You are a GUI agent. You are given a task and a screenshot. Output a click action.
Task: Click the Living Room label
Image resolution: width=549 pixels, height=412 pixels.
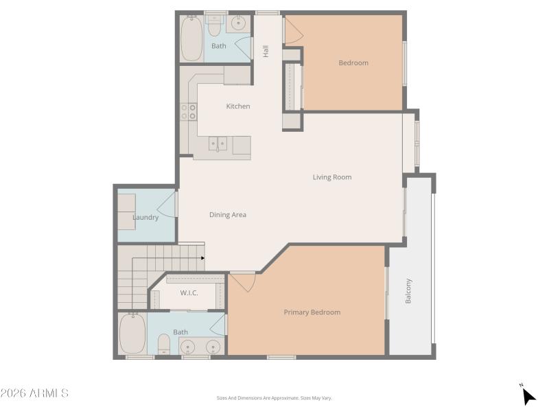click(x=332, y=177)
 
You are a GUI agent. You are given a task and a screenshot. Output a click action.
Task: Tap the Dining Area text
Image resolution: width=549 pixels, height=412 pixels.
click(x=228, y=215)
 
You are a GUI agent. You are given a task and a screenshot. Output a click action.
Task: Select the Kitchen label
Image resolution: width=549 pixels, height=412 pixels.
click(x=238, y=106)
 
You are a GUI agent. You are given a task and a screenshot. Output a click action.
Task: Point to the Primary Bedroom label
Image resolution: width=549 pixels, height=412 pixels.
click(x=312, y=312)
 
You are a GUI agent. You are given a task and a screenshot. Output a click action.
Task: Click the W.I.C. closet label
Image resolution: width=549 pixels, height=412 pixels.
click(x=189, y=293)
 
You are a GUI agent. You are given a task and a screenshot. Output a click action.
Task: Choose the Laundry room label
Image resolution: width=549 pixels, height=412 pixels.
click(x=145, y=218)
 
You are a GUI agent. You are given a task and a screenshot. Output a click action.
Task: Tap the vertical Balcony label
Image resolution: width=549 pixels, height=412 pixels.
click(x=409, y=290)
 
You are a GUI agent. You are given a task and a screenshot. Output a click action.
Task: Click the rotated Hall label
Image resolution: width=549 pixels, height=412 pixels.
click(x=266, y=51)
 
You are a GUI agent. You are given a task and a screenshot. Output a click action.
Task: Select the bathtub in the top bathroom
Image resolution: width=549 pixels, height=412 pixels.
click(x=191, y=38)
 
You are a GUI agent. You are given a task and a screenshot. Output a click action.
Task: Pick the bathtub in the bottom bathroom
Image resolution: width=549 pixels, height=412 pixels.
click(x=132, y=334)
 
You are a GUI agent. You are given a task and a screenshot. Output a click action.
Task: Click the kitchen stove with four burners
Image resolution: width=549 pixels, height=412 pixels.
click(x=188, y=112)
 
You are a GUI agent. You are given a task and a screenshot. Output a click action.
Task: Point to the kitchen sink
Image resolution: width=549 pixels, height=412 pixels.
click(x=218, y=144)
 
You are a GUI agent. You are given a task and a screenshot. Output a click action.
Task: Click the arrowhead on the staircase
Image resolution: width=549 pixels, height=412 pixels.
click(x=202, y=258)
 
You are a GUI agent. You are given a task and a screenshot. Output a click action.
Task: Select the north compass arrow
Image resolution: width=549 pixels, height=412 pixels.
click(x=528, y=396)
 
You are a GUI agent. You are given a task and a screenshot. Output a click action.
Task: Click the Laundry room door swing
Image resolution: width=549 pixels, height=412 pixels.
click(x=169, y=205)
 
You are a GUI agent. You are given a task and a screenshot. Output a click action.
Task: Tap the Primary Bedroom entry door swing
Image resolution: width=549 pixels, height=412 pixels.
click(x=244, y=280)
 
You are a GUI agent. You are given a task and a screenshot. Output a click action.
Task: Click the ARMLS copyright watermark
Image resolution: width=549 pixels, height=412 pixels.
click(x=34, y=393)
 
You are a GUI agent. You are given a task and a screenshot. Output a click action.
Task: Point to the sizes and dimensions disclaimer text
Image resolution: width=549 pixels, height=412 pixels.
click(x=274, y=398)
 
